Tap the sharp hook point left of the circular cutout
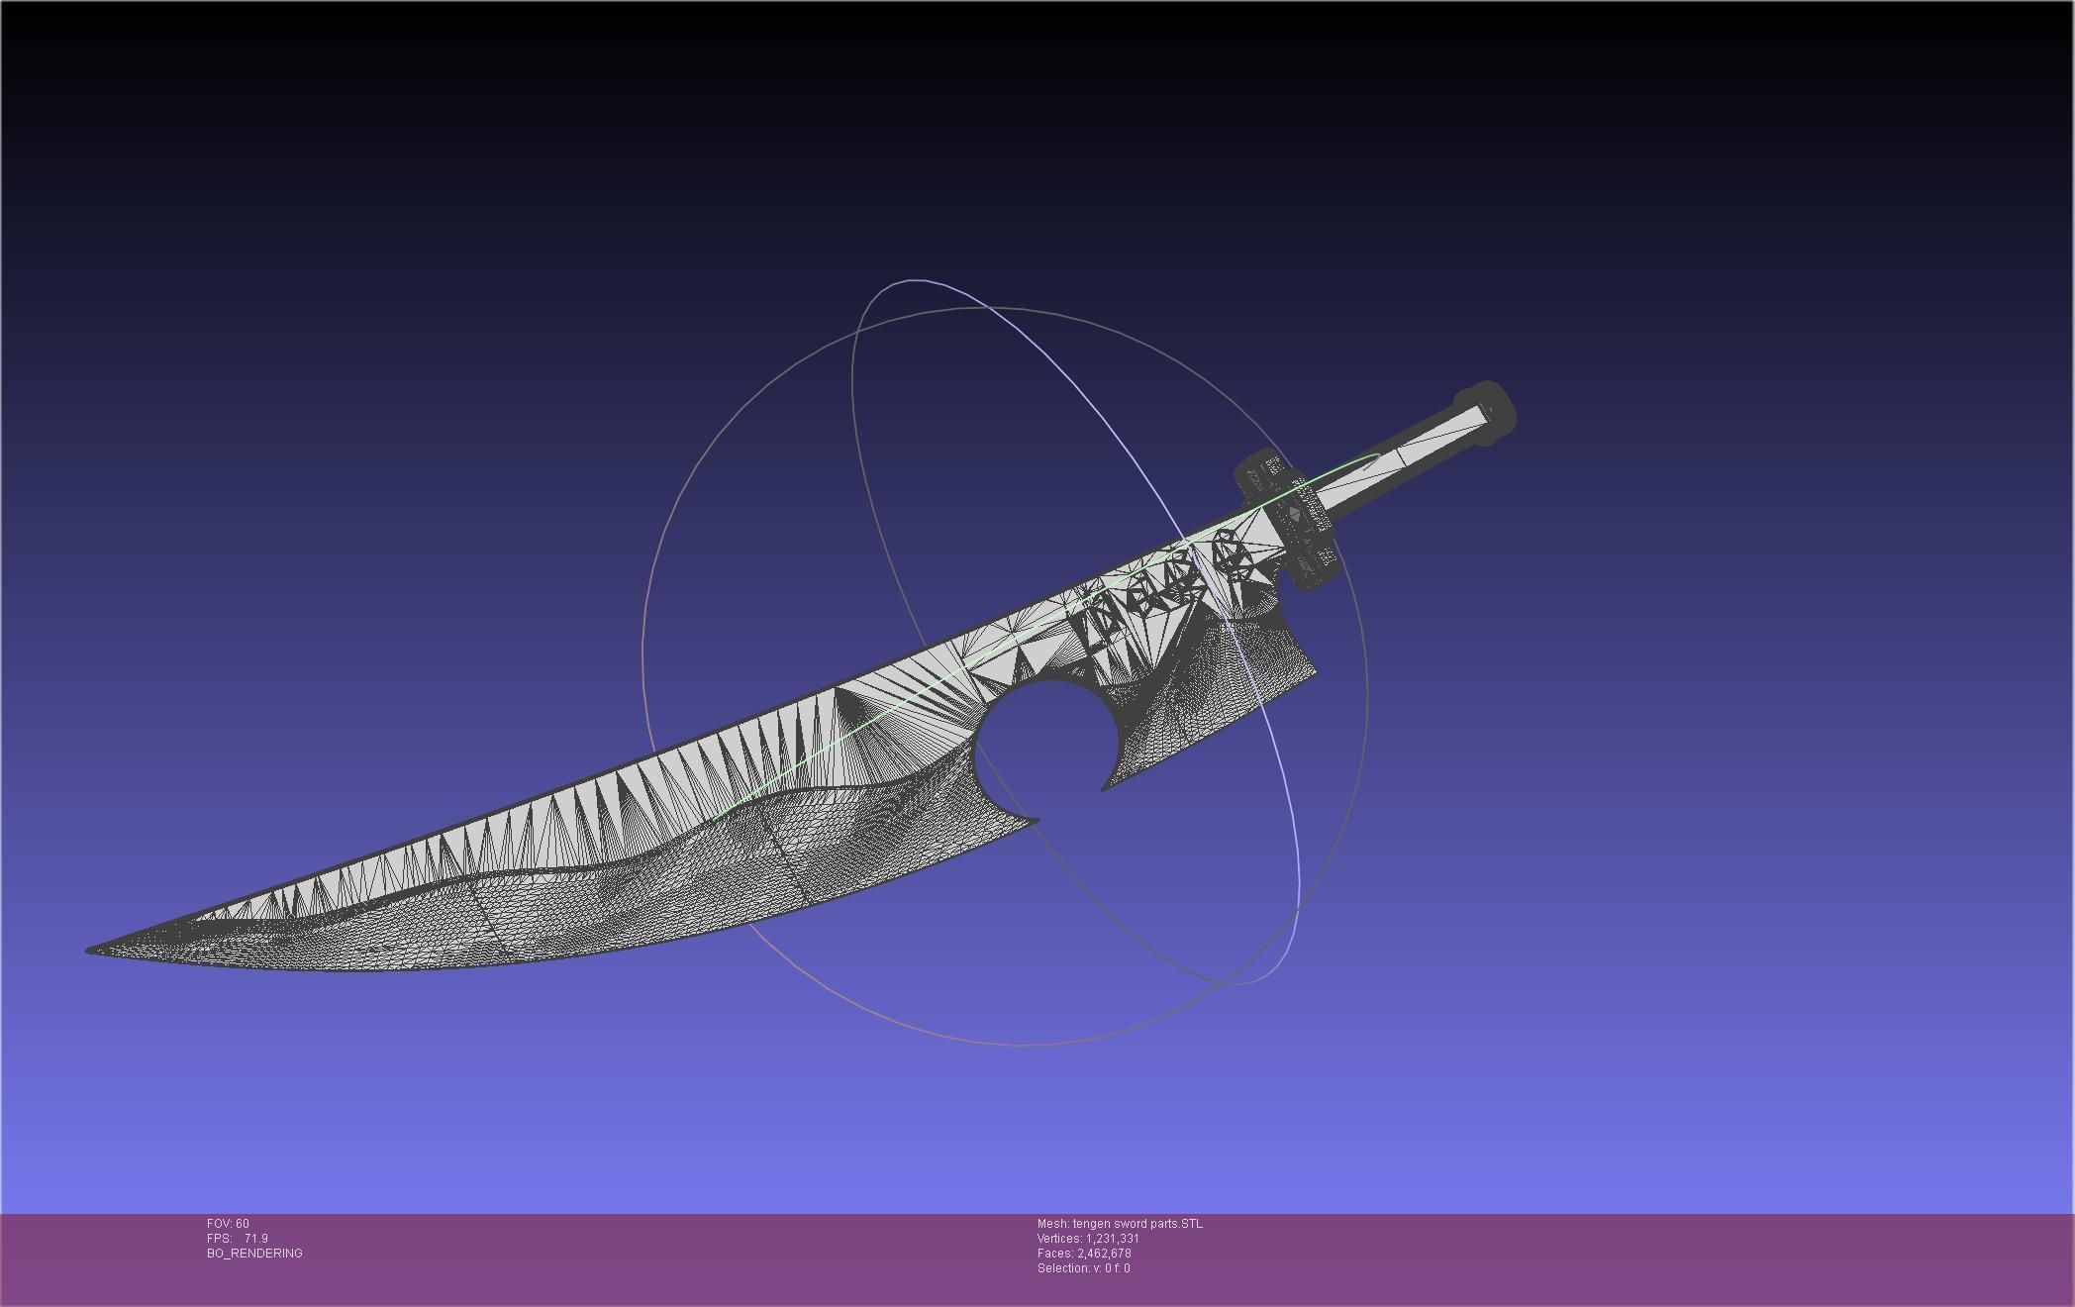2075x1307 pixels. [1035, 820]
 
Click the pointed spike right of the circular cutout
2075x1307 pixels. [1106, 788]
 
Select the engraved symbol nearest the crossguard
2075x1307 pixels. [1234, 554]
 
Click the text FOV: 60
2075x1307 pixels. [228, 1224]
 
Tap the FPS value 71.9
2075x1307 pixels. [255, 1239]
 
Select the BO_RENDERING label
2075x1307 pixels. [254, 1254]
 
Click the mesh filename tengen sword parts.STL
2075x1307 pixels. [1137, 1224]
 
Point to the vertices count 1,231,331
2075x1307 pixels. [1112, 1239]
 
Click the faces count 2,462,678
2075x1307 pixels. [1104, 1254]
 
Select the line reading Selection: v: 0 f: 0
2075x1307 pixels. [1083, 1268]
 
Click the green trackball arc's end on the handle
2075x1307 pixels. [1378, 455]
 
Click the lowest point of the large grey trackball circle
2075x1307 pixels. [1020, 1045]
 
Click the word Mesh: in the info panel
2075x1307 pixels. [1052, 1224]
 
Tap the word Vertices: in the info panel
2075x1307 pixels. [1059, 1239]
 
